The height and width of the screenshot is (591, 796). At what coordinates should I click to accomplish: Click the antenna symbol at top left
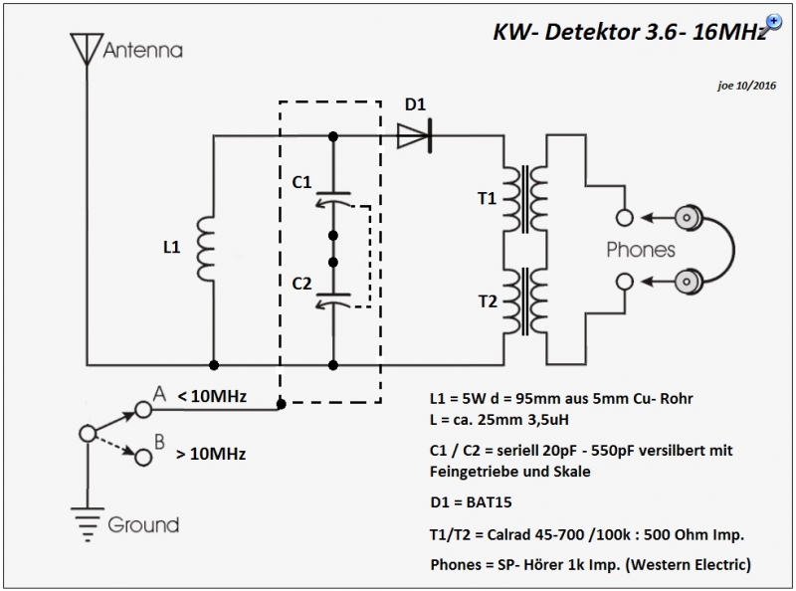[88, 49]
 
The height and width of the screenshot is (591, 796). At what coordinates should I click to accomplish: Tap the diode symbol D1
[415, 136]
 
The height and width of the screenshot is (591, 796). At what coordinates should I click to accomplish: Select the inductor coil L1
[205, 248]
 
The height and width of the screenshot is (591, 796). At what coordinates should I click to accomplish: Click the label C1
[301, 182]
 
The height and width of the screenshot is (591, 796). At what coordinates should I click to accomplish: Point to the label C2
[301, 284]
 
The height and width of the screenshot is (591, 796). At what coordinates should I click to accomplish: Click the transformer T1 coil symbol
[525, 199]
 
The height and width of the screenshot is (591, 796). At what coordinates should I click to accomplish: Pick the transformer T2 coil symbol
[525, 301]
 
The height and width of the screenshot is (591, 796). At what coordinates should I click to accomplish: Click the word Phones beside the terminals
[641, 250]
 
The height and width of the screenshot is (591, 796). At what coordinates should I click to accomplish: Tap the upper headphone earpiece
[689, 218]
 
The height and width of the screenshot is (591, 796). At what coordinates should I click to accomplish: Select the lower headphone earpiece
[689, 281]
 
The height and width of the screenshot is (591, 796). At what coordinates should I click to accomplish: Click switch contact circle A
[143, 409]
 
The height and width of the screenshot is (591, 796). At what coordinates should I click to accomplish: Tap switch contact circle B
[143, 458]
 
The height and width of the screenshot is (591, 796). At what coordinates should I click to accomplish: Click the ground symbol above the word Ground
[88, 524]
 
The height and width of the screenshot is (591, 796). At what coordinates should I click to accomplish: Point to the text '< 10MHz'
[212, 396]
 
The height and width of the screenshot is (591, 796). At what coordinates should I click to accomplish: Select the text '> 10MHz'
[211, 454]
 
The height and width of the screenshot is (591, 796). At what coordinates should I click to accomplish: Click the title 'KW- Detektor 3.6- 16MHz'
[630, 32]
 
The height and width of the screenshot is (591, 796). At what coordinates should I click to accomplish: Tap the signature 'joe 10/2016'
[747, 86]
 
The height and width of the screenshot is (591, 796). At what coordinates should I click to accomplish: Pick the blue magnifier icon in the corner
[774, 22]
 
